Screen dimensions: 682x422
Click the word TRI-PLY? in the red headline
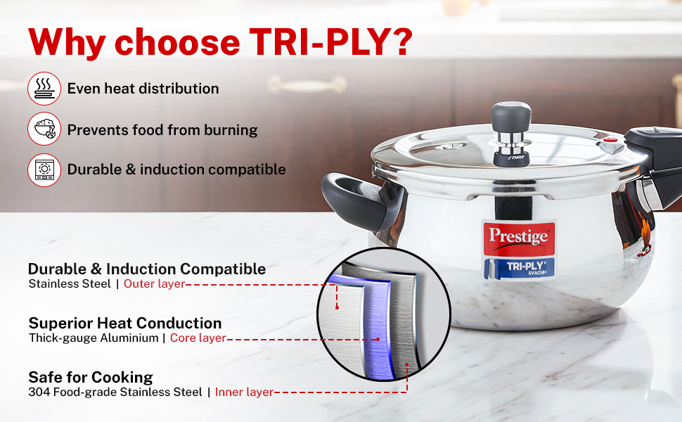pyautogui.click(x=330, y=41)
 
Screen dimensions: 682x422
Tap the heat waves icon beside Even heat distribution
pyautogui.click(x=44, y=89)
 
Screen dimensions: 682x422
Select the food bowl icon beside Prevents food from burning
pyautogui.click(x=44, y=129)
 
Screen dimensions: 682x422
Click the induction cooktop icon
pyautogui.click(x=44, y=170)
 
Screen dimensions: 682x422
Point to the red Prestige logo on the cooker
pyautogui.click(x=519, y=238)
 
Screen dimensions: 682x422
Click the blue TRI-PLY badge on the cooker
pyautogui.click(x=520, y=268)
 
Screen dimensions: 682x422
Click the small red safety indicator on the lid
pyautogui.click(x=611, y=140)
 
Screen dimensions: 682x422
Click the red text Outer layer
pyautogui.click(x=155, y=283)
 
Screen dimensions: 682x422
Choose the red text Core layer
pyautogui.click(x=198, y=338)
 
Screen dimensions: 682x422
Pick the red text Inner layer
pyautogui.click(x=244, y=392)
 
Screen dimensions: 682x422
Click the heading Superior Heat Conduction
pyautogui.click(x=125, y=324)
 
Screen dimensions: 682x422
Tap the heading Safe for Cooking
pyautogui.click(x=91, y=377)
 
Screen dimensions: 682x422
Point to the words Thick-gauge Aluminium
pyautogui.click(x=94, y=338)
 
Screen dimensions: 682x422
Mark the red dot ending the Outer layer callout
pyautogui.click(x=337, y=307)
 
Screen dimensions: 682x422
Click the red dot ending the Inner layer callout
pyautogui.click(x=407, y=364)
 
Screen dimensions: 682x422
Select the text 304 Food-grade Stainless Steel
pyautogui.click(x=115, y=392)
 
